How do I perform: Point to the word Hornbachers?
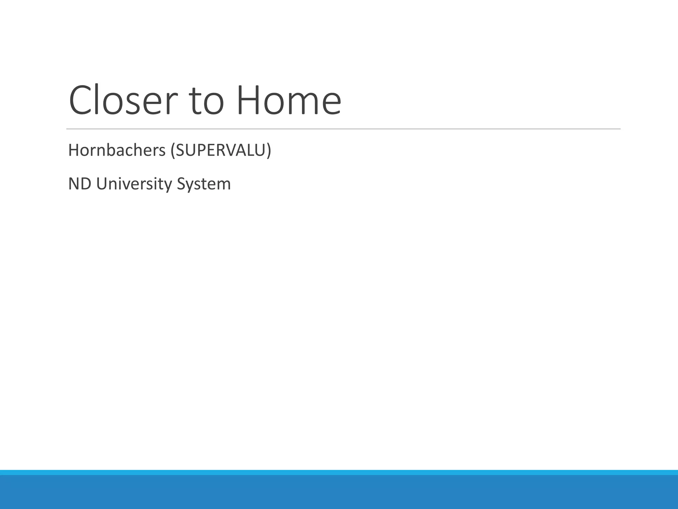(117, 150)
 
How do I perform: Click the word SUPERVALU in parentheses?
(221, 150)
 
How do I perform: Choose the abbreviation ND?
(80, 184)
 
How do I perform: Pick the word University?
(134, 184)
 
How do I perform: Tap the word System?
(204, 184)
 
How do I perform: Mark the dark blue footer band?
(339, 492)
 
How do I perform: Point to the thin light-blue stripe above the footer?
(339, 472)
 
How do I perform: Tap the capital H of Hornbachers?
(73, 150)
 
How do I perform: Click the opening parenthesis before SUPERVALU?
(172, 151)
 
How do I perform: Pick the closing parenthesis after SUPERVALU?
(269, 151)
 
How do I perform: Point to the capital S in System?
(181, 184)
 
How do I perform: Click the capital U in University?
(102, 184)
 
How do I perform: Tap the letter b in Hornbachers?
(113, 150)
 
